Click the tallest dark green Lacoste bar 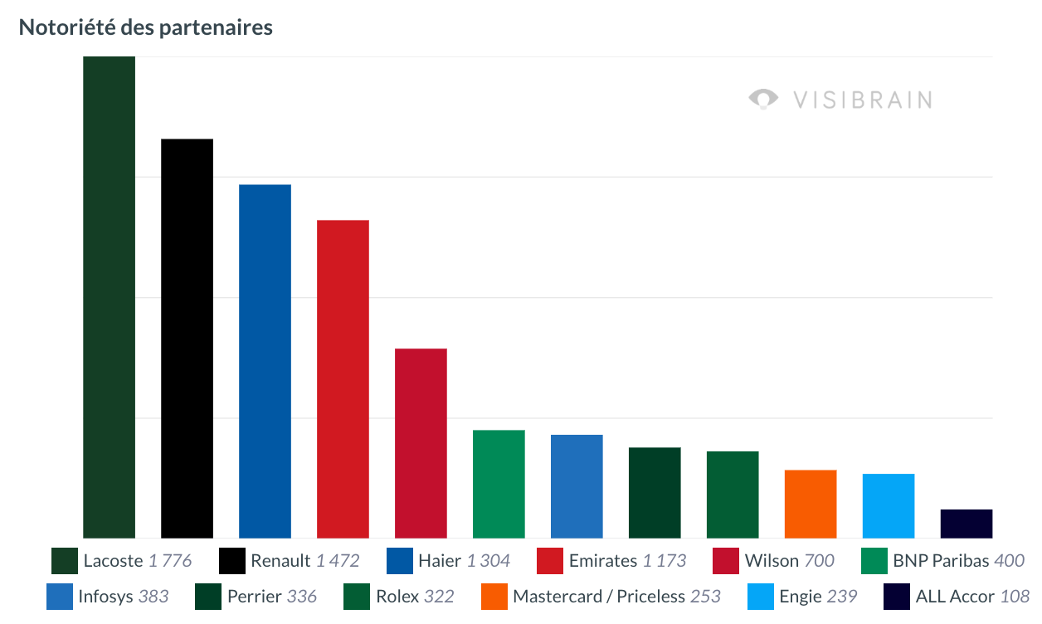coord(109,297)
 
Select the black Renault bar coord(187,339)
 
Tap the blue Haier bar coord(265,362)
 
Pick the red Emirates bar coord(343,379)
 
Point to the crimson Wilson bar coord(421,443)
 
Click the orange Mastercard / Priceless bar coord(811,504)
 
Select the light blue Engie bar coord(889,506)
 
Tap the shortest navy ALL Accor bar coord(967,524)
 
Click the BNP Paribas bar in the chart coord(499,484)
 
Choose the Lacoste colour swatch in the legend coord(65,561)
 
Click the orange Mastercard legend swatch coord(494,597)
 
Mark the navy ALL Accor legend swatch coord(897,597)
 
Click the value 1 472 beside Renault coord(338,561)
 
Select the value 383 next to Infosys coord(153,597)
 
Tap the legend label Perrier coord(254,597)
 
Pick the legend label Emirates coord(603,561)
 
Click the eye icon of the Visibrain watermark coord(763,99)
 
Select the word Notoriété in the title coord(67,27)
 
